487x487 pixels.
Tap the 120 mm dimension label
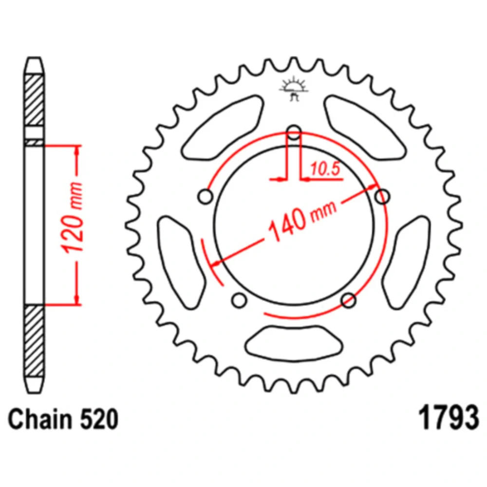[73, 217]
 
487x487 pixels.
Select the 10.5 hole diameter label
[325, 169]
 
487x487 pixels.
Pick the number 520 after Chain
[99, 419]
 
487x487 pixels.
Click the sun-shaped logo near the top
[294, 89]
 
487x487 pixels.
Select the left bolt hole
[206, 197]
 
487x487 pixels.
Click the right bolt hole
[382, 197]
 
